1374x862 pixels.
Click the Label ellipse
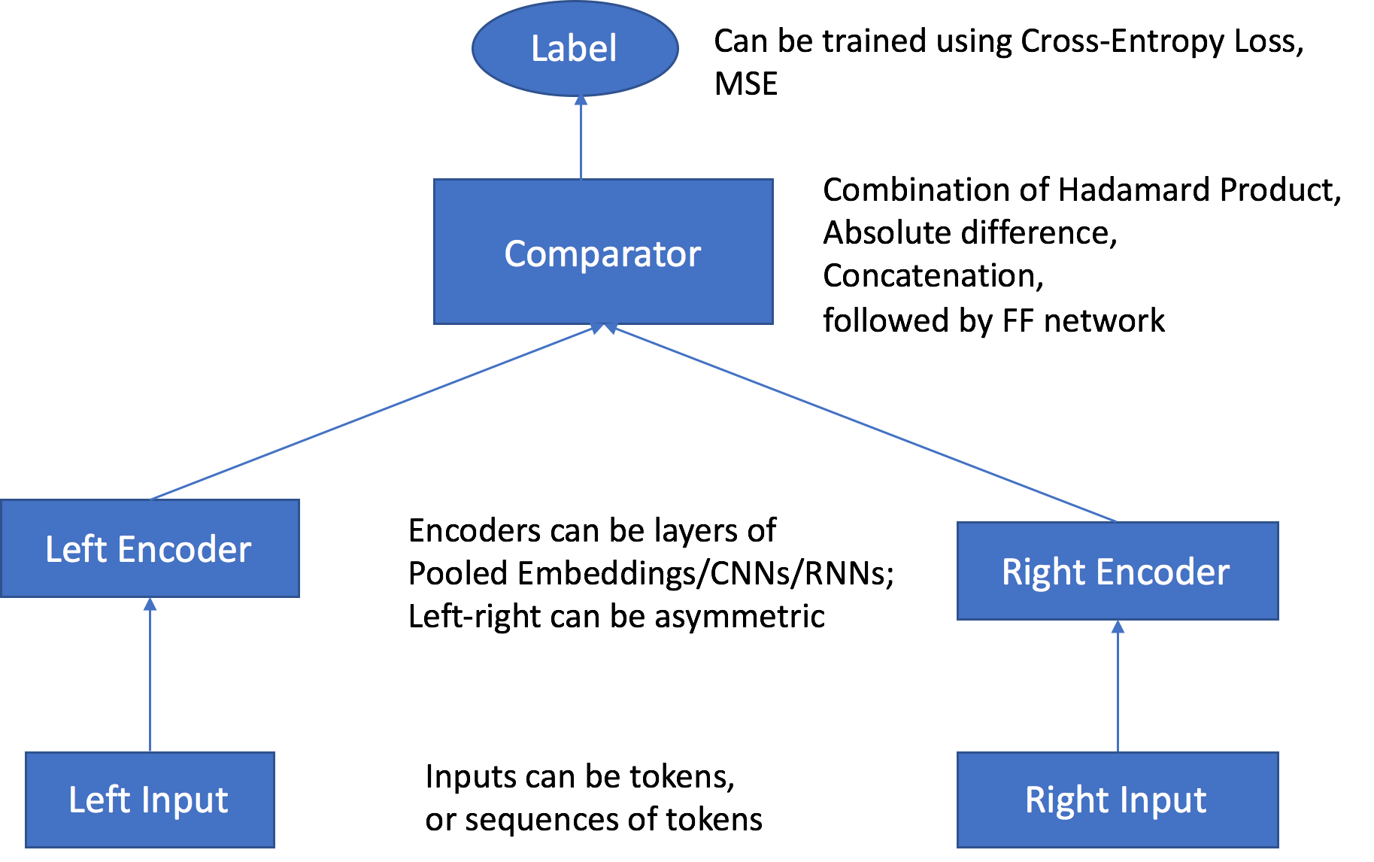[x=575, y=49]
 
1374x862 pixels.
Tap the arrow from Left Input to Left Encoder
[x=150, y=677]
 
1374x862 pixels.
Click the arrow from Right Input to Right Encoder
[x=1118, y=688]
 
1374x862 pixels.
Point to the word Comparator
[x=602, y=254]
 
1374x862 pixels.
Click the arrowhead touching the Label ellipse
[x=581, y=100]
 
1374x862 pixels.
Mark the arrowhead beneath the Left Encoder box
[x=150, y=604]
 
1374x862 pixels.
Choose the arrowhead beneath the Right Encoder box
[x=1118, y=627]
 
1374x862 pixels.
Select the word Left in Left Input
[x=99, y=800]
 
